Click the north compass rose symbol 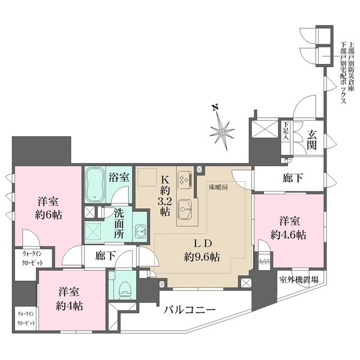pos(223,128)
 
